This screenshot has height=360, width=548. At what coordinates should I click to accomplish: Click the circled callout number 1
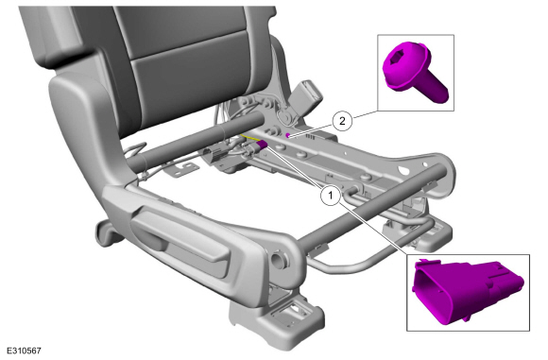(x=331, y=196)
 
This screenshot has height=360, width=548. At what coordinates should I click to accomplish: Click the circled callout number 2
(x=342, y=121)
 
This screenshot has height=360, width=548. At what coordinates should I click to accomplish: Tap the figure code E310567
(x=24, y=351)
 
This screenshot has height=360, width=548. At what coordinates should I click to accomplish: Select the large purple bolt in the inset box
(x=414, y=71)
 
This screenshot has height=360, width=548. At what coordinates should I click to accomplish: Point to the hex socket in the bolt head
(x=398, y=60)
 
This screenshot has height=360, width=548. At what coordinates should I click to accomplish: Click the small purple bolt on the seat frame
(x=287, y=135)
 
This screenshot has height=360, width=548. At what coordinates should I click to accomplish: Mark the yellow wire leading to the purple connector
(x=249, y=138)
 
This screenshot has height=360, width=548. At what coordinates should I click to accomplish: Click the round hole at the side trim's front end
(x=279, y=258)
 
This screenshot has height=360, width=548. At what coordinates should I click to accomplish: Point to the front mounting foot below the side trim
(x=276, y=319)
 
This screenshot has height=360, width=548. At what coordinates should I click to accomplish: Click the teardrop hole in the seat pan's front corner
(x=405, y=171)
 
